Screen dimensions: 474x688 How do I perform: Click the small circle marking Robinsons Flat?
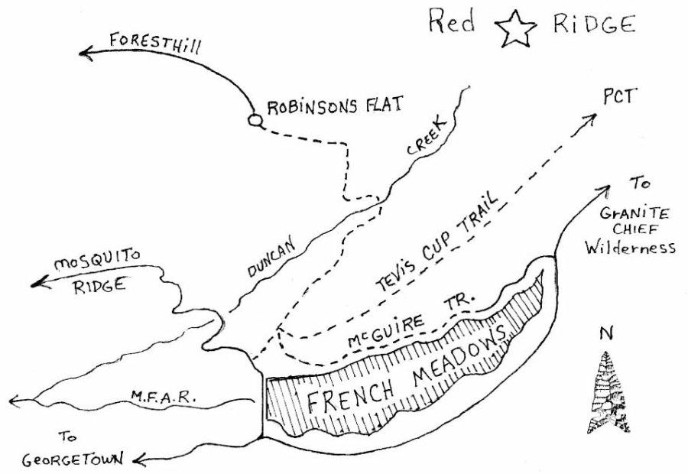255,120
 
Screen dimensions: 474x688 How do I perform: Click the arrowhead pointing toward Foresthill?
86,52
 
